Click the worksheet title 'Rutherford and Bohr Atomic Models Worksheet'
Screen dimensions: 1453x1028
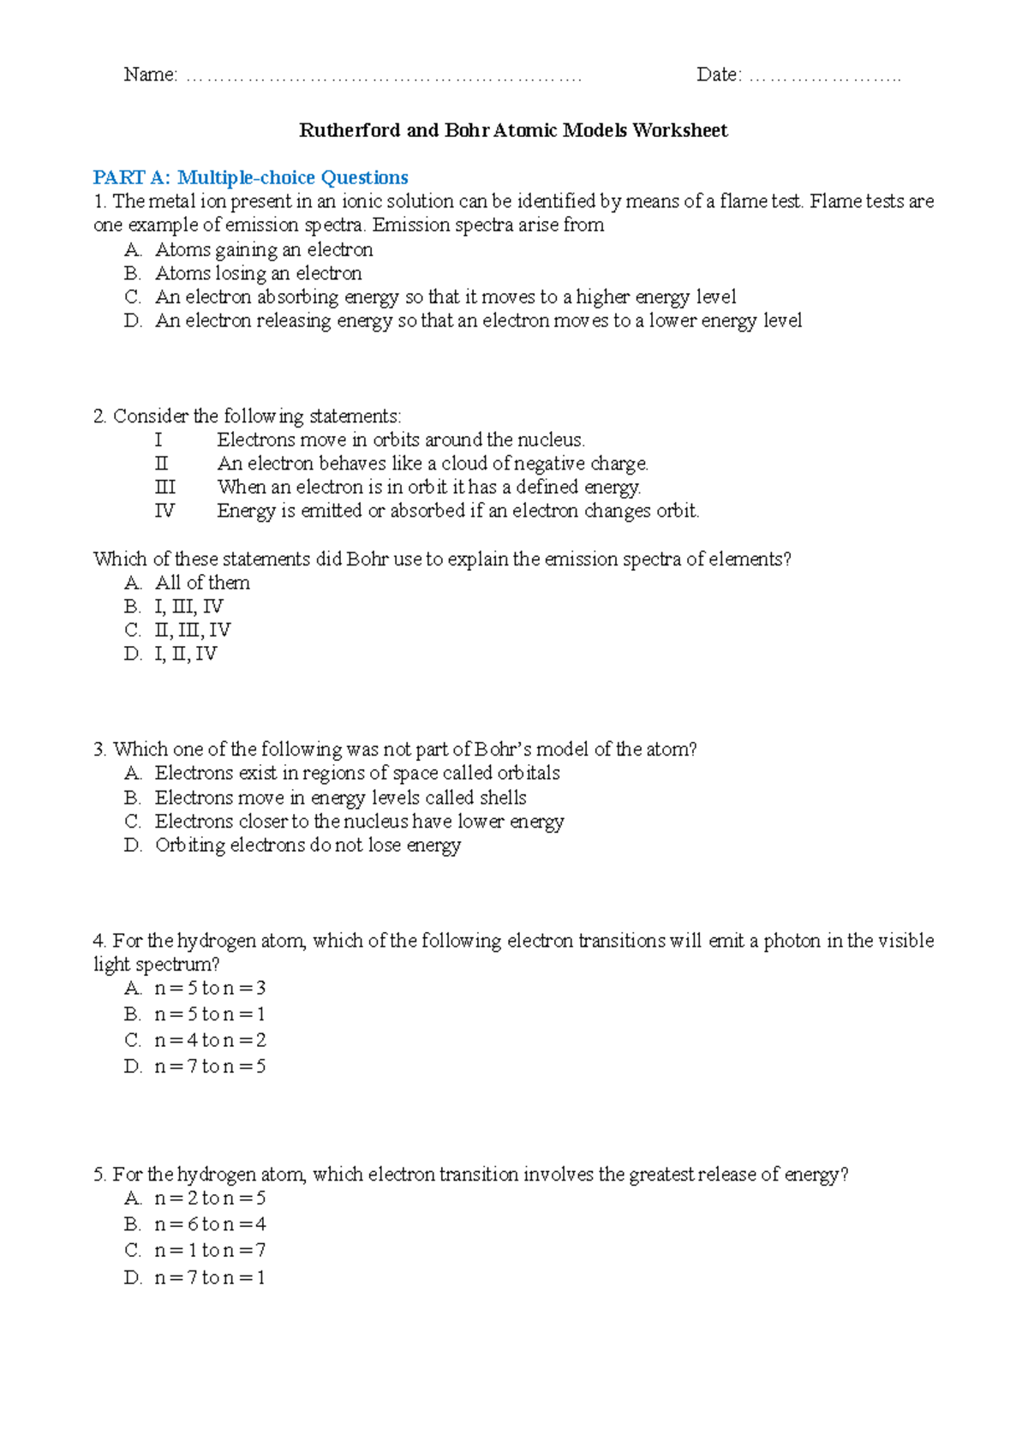pos(513,130)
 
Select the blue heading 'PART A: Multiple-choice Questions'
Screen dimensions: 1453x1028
pos(250,177)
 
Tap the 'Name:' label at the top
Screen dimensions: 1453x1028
pos(150,75)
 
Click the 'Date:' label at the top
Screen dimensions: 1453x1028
pos(719,75)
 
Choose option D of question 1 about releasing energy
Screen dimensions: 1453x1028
pos(478,320)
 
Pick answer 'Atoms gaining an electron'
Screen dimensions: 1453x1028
pos(264,249)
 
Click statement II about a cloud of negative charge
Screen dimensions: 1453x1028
pos(433,463)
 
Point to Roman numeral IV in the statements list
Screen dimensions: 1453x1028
pos(164,511)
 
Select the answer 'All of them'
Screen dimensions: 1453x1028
pos(202,583)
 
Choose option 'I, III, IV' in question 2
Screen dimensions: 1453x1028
pos(188,607)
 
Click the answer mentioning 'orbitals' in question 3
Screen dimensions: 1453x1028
pos(357,773)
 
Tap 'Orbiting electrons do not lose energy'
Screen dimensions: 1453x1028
pos(308,845)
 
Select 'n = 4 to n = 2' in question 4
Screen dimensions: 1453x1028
pos(210,1040)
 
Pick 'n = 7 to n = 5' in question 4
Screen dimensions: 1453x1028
pos(210,1066)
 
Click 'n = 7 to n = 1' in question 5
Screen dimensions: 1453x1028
pos(210,1277)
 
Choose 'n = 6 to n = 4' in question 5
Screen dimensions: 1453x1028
pos(210,1223)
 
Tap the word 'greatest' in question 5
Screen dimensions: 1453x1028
pos(660,1174)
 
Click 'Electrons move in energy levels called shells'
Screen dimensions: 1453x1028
pos(340,798)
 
